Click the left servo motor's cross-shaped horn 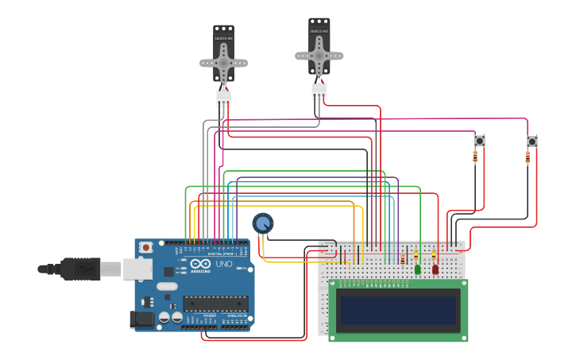(x=223, y=63)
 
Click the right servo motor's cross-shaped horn (x=319, y=56)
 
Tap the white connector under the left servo (x=223, y=98)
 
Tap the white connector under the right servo (x=319, y=91)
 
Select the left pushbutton (x=479, y=141)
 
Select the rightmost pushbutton (x=532, y=141)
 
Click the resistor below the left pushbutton (x=475, y=157)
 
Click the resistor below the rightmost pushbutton (x=528, y=157)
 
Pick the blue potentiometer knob (x=263, y=223)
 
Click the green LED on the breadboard (x=418, y=269)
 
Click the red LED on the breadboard (x=435, y=269)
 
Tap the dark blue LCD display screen (x=398, y=310)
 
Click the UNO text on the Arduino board (x=224, y=264)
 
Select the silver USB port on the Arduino (x=137, y=270)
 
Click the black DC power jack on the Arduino (x=142, y=319)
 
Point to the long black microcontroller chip (x=215, y=303)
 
